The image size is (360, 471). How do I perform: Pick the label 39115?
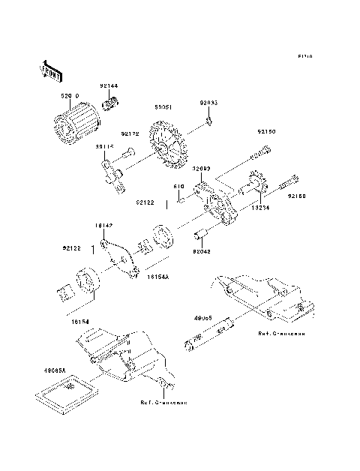(x=104, y=148)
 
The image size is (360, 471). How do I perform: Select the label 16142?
(x=103, y=224)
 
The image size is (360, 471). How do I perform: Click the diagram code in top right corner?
(x=304, y=56)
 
